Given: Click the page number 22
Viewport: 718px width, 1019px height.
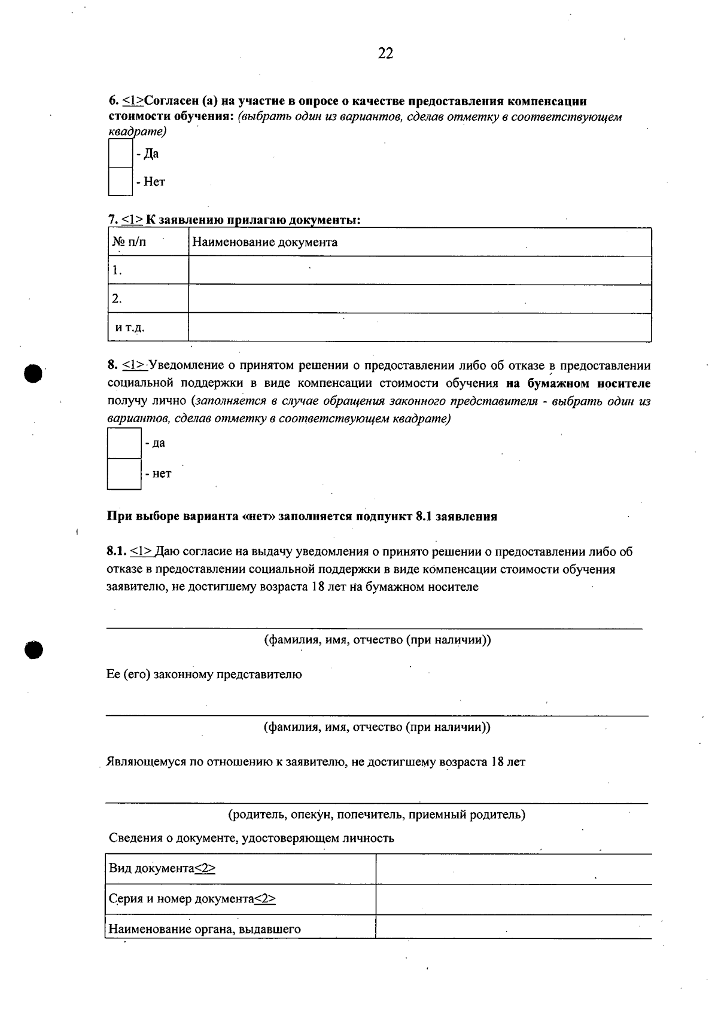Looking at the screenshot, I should coord(386,54).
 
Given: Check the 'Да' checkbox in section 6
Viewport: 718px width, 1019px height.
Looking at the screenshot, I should coord(120,154).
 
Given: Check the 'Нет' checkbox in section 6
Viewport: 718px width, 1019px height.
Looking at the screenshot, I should coord(120,182).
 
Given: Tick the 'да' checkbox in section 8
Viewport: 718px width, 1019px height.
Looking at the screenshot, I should coord(124,443).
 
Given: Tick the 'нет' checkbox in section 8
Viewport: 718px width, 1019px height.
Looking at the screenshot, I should coord(124,474).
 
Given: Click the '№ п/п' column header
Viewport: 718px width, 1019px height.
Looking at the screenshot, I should coord(129,242).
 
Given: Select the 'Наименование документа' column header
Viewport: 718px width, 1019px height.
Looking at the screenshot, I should coord(264,242).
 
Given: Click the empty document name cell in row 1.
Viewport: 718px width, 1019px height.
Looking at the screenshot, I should coord(419,270).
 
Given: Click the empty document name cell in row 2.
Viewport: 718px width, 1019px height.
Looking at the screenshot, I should coord(419,298).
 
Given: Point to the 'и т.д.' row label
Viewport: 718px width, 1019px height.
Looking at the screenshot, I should coord(130,328).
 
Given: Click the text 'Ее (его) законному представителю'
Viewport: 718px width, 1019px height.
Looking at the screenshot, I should coord(204,675).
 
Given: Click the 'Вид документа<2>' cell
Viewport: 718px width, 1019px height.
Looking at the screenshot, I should coord(162,868).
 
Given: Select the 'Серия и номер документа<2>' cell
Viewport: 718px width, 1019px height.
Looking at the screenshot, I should coord(192,899).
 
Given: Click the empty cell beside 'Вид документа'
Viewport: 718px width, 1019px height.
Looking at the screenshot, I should coord(513,869).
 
